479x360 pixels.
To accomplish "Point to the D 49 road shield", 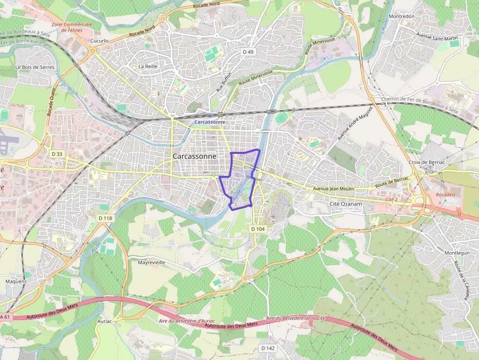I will coord(248,51).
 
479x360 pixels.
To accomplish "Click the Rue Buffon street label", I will coord(222,85).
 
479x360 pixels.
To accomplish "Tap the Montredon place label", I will coord(401,16).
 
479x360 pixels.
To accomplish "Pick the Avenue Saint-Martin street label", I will coord(436,35).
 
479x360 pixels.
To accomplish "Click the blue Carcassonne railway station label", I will coord(210,122).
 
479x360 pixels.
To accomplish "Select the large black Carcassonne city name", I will coord(194,156).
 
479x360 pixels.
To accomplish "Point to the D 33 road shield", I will coord(57,153).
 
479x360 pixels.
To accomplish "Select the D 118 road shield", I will coord(105,218).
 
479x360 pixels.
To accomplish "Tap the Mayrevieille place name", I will coord(152,262).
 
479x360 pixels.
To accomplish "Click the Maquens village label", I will coord(16,281).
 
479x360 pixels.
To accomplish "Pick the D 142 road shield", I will coord(267,348).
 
